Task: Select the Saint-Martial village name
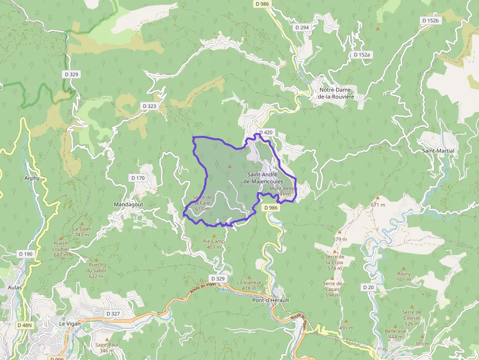(438, 151)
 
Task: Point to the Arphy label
(32, 178)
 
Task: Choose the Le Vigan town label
(69, 323)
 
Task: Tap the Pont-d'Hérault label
(270, 300)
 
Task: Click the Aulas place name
(15, 288)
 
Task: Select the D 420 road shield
(265, 132)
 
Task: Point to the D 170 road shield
(138, 178)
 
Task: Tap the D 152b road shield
(431, 21)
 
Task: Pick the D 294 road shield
(302, 27)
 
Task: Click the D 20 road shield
(368, 287)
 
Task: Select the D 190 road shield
(25, 254)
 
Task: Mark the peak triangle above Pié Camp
(214, 235)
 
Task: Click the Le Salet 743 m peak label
(82, 232)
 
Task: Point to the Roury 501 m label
(404, 276)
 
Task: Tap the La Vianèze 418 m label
(249, 285)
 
